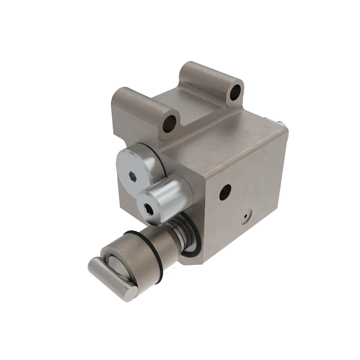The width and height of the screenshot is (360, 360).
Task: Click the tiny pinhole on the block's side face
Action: point(246,216)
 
